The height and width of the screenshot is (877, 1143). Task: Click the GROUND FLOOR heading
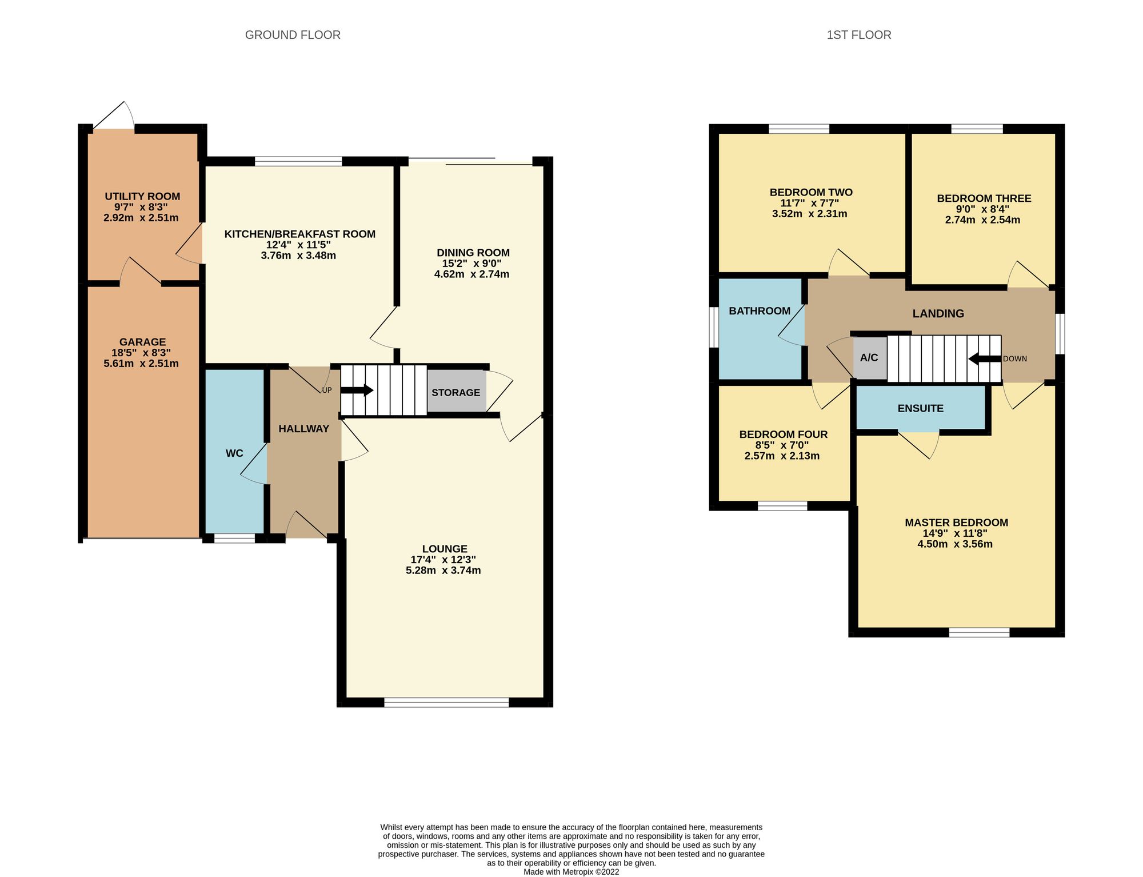pyautogui.click(x=293, y=35)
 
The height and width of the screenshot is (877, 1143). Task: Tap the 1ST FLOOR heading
pyautogui.click(x=858, y=35)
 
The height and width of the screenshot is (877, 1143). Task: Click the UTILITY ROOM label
pyautogui.click(x=142, y=196)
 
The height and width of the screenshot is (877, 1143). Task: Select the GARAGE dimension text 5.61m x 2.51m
pyautogui.click(x=141, y=364)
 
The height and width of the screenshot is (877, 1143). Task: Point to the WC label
pyautogui.click(x=234, y=453)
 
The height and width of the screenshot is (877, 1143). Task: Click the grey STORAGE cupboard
pyautogui.click(x=455, y=392)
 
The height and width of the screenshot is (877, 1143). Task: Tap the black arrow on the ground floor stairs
pyautogui.click(x=357, y=390)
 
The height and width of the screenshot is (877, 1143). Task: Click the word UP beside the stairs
pyautogui.click(x=327, y=390)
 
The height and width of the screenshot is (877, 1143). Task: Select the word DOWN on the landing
pyautogui.click(x=1015, y=359)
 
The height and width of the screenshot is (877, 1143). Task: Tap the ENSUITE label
pyautogui.click(x=920, y=408)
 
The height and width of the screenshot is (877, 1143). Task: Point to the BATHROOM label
pyautogui.click(x=760, y=311)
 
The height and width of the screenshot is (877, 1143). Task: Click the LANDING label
pyautogui.click(x=938, y=313)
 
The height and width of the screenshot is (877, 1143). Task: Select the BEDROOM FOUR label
pyautogui.click(x=783, y=434)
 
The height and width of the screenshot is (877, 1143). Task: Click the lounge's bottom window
pyautogui.click(x=446, y=702)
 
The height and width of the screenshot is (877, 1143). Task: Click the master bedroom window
pyautogui.click(x=979, y=632)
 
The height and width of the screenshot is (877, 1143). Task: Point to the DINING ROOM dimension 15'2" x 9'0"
pyautogui.click(x=472, y=264)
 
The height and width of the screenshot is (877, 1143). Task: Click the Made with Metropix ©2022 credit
pyautogui.click(x=571, y=872)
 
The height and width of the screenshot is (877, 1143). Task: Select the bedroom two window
pyautogui.click(x=798, y=129)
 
